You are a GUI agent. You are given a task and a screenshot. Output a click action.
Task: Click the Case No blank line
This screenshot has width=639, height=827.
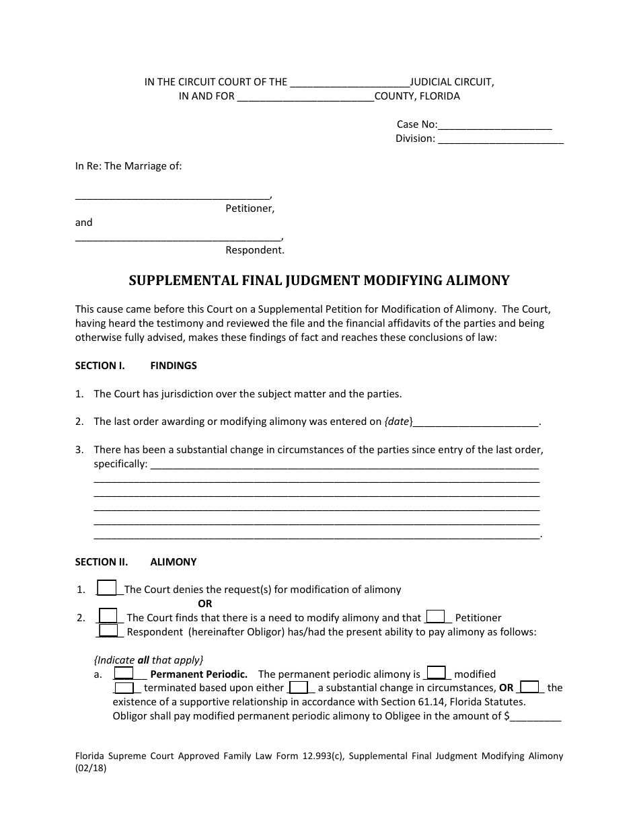(495, 125)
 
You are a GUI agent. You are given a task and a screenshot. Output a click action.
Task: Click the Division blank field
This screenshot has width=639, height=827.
(500, 139)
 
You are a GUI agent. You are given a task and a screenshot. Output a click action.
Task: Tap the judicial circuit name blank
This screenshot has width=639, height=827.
(348, 83)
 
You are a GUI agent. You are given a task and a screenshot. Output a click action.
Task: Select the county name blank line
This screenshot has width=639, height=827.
(305, 97)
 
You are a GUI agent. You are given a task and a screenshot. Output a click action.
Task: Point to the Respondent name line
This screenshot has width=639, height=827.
(178, 237)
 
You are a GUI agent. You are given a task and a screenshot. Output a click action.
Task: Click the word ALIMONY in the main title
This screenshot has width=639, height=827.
(470, 281)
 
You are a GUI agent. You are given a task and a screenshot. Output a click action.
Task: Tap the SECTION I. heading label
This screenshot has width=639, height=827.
(100, 366)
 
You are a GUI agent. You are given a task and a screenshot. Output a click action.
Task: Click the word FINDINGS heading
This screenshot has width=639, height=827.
(174, 366)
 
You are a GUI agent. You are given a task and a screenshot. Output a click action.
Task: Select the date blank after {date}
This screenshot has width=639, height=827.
(476, 422)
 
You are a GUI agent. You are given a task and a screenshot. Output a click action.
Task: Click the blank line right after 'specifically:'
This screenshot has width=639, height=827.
(344, 465)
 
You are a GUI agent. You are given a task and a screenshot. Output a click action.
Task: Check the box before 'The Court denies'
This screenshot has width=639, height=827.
(108, 588)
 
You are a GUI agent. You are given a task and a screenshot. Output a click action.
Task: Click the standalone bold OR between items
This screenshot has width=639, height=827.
(204, 604)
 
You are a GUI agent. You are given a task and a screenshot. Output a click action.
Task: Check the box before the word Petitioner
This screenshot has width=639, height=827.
(436, 616)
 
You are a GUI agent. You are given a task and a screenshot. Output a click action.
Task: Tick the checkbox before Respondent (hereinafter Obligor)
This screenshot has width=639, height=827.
(108, 630)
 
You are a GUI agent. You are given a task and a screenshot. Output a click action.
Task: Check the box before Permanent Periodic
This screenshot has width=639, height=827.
(123, 672)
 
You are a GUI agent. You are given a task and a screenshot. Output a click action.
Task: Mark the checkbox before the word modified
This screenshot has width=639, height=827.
(437, 672)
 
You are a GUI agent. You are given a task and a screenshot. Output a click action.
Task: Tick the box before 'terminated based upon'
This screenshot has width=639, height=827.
(124, 687)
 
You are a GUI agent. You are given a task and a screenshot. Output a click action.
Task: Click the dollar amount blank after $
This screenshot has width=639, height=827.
(535, 717)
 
